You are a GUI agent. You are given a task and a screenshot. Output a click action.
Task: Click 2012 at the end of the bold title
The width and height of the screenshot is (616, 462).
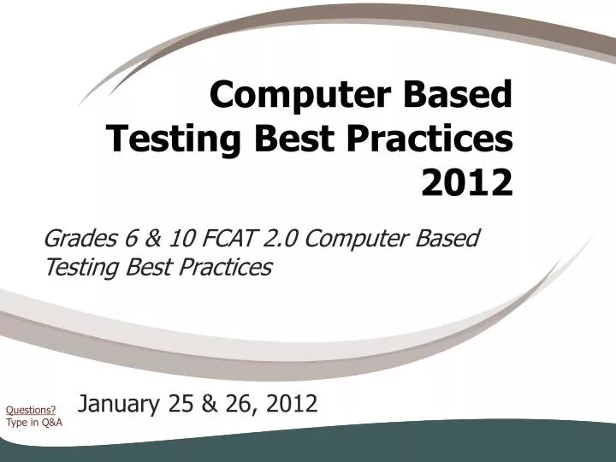pos(468,181)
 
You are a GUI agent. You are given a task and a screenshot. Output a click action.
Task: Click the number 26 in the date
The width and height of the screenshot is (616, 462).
pos(228,403)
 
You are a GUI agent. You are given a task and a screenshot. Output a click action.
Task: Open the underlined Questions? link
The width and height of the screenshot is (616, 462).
pos(32,411)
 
